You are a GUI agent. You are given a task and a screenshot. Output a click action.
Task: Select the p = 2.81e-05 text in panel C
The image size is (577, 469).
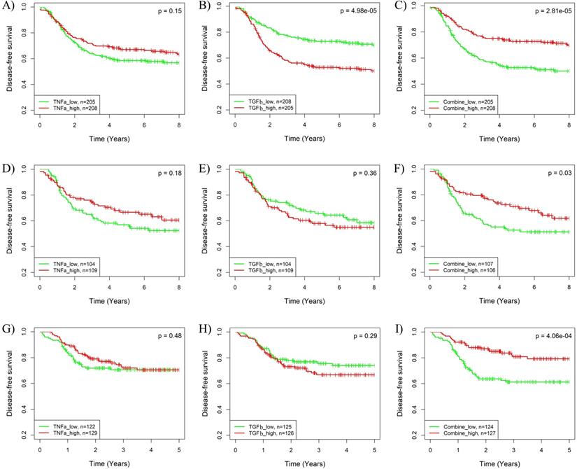546,12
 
